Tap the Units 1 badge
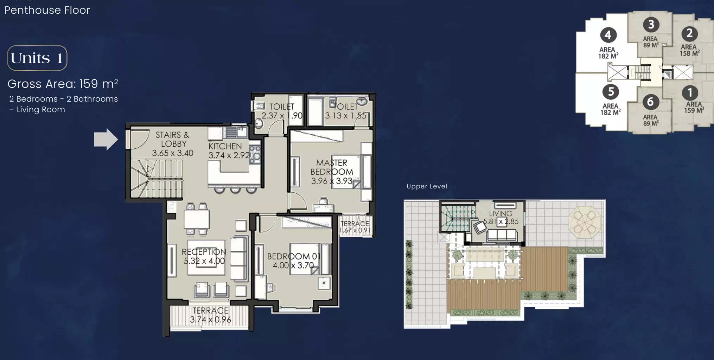tap(37, 58)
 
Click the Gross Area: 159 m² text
tap(63, 84)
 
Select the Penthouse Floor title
tap(47, 10)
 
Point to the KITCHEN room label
tap(225, 146)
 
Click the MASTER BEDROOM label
tap(332, 167)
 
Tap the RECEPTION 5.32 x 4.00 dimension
tap(204, 261)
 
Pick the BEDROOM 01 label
tap(294, 256)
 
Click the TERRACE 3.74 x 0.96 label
tap(210, 315)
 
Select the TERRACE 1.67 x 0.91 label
tap(355, 227)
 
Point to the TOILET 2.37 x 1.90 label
tap(282, 111)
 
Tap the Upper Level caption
tap(427, 186)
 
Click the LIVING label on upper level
tap(501, 213)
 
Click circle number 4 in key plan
tap(608, 35)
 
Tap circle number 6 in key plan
tap(650, 102)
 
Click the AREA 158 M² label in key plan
tap(689, 50)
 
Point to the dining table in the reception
tap(197, 219)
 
